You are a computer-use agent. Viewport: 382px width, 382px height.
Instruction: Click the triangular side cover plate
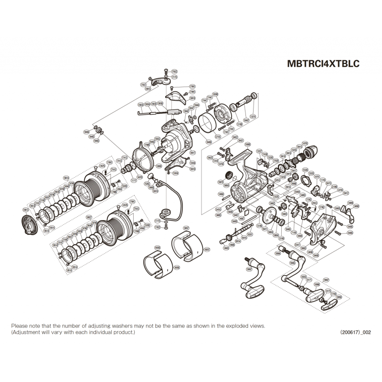320,230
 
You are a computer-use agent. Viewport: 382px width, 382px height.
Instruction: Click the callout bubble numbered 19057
207,249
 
